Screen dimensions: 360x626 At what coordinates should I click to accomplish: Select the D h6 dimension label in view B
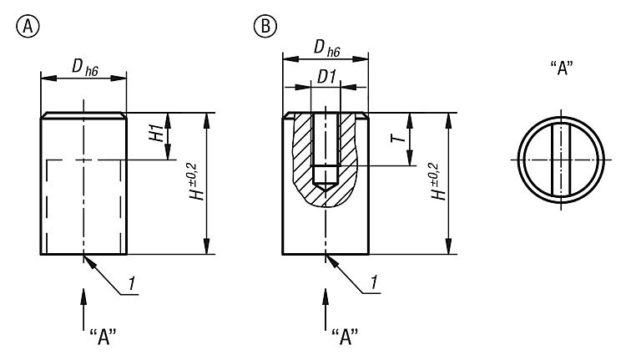[325, 51]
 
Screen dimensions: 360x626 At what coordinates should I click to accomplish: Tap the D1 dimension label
[326, 76]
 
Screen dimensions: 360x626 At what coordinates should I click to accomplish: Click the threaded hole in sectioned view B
[326, 146]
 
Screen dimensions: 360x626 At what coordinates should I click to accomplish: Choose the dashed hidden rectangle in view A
[83, 205]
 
